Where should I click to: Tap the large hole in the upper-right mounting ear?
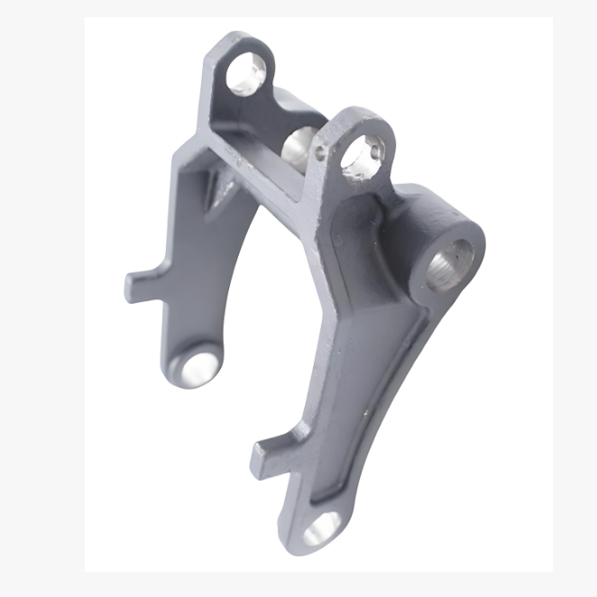(x=362, y=155)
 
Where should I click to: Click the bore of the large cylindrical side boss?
(x=447, y=262)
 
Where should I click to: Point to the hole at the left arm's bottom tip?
(x=197, y=364)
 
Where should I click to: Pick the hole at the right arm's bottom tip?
(x=321, y=529)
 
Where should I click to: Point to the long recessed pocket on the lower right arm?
(x=361, y=397)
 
